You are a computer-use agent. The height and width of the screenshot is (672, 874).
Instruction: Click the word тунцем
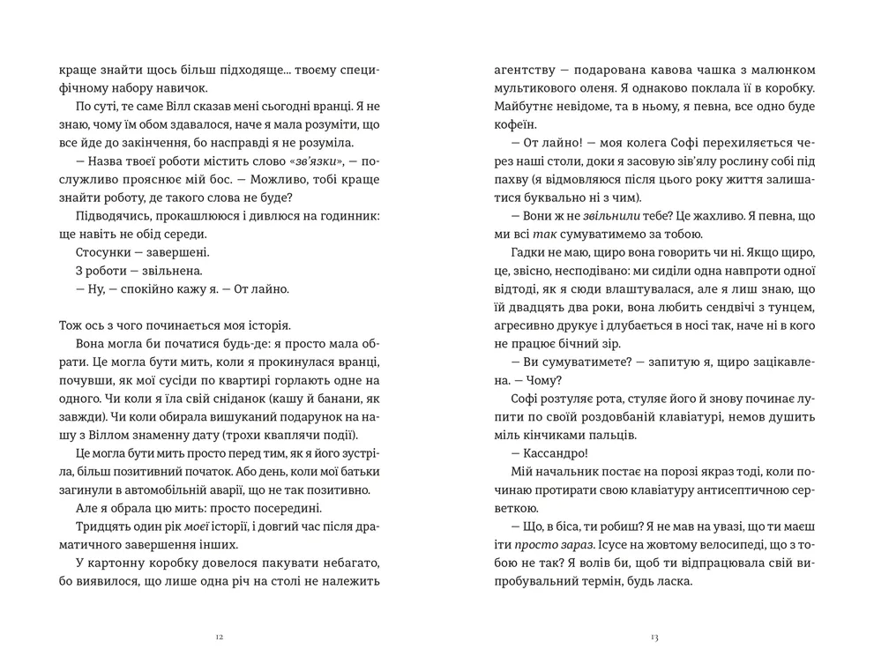[x=790, y=308]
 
